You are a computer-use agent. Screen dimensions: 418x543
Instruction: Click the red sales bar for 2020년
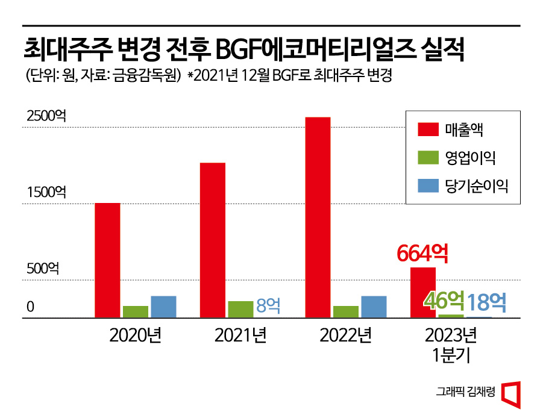[107, 260]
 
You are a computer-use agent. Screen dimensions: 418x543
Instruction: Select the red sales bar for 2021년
[213, 240]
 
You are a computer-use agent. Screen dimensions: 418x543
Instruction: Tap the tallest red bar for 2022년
[318, 217]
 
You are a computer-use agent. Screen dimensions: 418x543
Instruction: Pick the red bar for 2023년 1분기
[422, 292]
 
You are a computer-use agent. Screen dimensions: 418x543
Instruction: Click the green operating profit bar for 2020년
[135, 311]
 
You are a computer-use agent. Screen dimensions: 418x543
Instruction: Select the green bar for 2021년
[240, 309]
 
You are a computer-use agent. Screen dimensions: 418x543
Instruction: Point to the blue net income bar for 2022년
[374, 307]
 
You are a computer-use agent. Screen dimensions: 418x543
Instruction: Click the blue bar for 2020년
[163, 307]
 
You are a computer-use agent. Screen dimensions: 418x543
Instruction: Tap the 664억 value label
[422, 254]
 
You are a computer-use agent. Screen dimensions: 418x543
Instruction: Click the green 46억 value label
[445, 301]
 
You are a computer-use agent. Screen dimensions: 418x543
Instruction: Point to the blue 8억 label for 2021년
[268, 305]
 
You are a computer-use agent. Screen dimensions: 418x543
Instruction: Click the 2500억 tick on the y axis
[46, 116]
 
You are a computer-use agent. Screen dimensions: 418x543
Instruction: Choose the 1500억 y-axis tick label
[46, 193]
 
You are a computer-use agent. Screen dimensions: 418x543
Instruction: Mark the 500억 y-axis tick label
[43, 269]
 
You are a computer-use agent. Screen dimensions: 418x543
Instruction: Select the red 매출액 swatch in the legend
[428, 129]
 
